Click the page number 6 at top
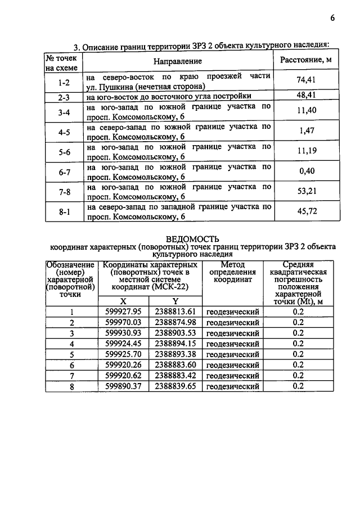[332, 17]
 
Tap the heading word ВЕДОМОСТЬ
[192, 238]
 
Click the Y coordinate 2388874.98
[175, 322]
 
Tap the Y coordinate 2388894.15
[175, 344]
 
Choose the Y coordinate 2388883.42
[175, 375]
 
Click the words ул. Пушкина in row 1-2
[110, 87]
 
